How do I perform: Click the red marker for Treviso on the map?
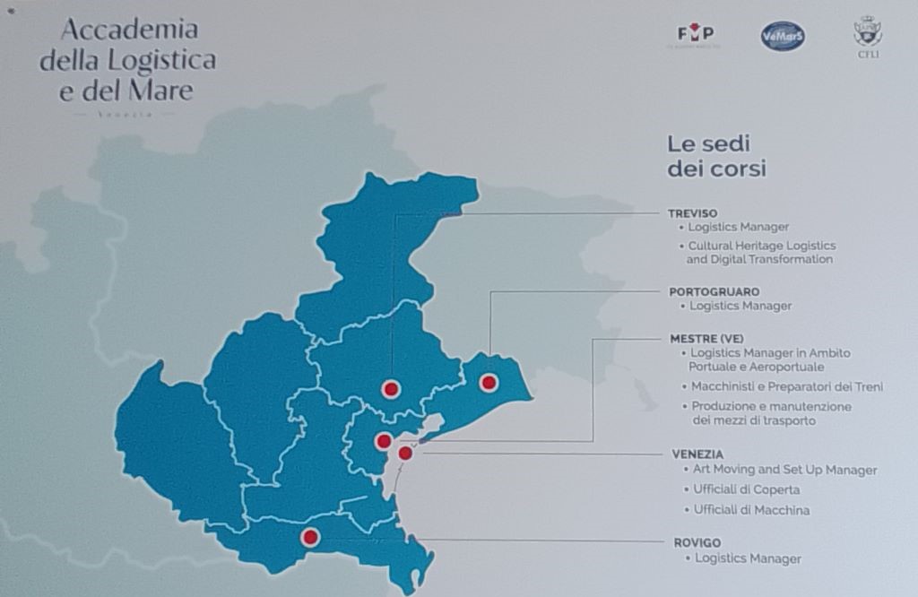[x=391, y=389]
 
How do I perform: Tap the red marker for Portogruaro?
[x=489, y=383]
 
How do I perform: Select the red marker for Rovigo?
[x=310, y=537]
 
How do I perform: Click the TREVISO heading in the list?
[x=693, y=213]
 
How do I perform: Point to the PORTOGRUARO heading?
[x=714, y=291]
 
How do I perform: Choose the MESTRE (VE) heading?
[x=707, y=339]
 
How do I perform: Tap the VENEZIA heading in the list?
[x=697, y=454]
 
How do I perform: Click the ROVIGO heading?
[x=697, y=542]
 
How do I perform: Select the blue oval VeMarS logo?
[x=783, y=36]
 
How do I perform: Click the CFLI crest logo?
[x=868, y=35]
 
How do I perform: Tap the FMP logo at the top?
[x=696, y=35]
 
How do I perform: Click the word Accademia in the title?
[x=129, y=29]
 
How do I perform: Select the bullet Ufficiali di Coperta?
[x=746, y=489]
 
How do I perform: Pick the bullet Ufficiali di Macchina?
[x=751, y=510]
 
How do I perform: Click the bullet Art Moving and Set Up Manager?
[x=784, y=470]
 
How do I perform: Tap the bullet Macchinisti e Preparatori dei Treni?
[x=787, y=387]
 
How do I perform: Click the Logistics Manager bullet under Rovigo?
[x=748, y=558]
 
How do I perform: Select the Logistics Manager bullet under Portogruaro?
[x=740, y=306]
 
